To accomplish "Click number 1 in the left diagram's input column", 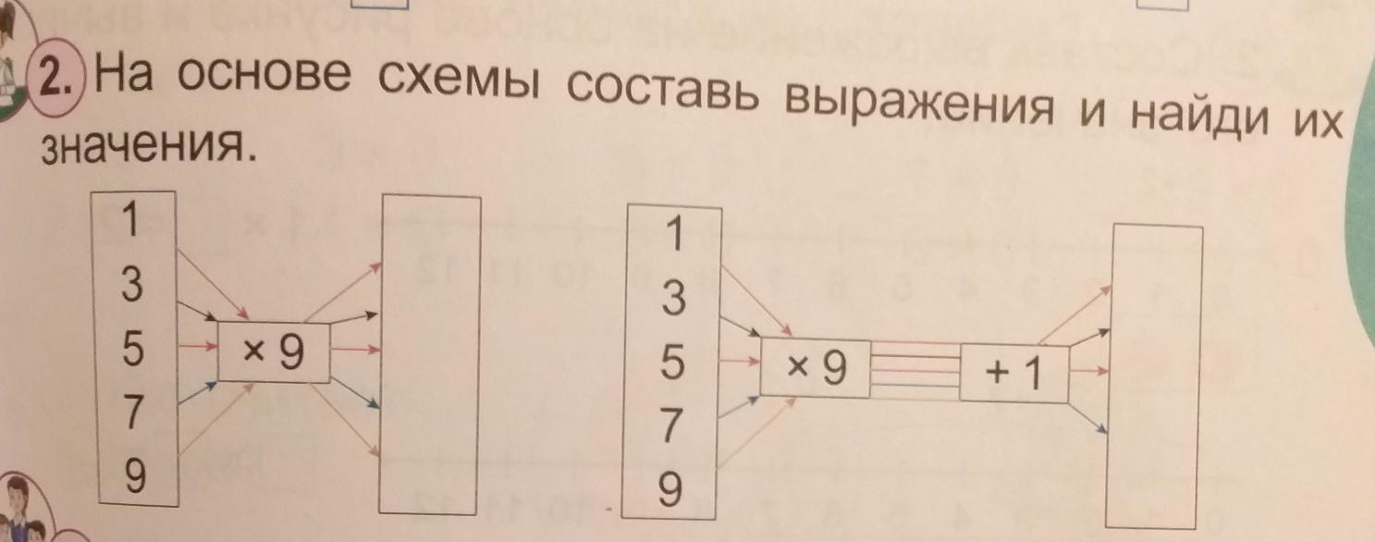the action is click(x=131, y=221).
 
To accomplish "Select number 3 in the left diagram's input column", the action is click(x=131, y=286).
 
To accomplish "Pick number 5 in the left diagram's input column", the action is click(x=131, y=349).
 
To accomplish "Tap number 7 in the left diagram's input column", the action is click(x=132, y=413).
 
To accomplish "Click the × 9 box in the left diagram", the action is click(x=274, y=351).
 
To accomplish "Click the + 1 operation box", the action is click(x=1014, y=373).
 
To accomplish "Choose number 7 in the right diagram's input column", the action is click(x=674, y=426).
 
